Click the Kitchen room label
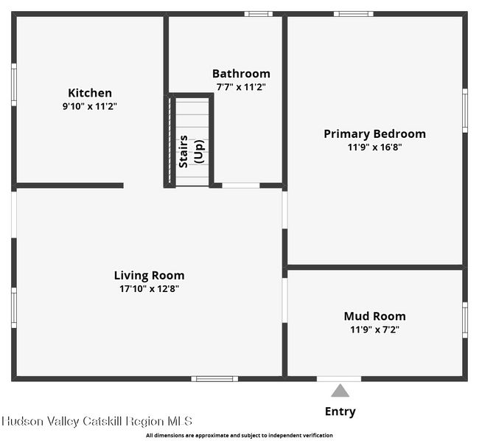pos(90,93)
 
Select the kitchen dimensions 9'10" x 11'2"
pos(90,106)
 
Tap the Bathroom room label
pos(241,74)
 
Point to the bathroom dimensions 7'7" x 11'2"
pos(241,87)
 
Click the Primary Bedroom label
pos(374,133)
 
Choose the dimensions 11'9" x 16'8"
pos(374,147)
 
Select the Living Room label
pos(149,275)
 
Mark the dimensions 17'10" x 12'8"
pos(149,288)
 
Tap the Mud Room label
pos(374,316)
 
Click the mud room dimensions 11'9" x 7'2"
pos(374,330)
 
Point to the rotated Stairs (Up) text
pos(191,151)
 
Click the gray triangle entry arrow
pos(340,391)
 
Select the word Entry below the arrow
pos(340,412)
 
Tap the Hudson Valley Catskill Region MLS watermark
pos(97,421)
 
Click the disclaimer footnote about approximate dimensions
pos(239,436)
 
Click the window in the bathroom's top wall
pos(258,13)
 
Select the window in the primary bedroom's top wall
pos(353,13)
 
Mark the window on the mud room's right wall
pos(464,319)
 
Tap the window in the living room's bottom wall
pos(214,378)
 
